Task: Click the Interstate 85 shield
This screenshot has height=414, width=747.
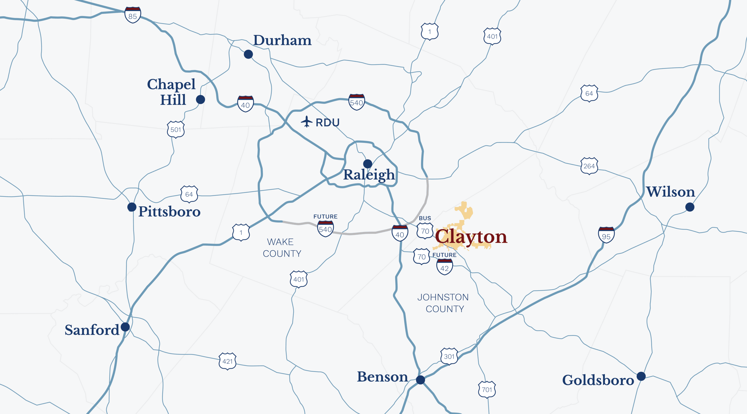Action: [133, 15]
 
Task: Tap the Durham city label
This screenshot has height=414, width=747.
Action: [282, 40]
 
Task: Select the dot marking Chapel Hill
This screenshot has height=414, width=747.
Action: [200, 100]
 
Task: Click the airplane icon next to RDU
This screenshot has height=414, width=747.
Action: [307, 122]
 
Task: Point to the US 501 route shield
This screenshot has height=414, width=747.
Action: [176, 129]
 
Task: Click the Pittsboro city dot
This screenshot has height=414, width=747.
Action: [132, 207]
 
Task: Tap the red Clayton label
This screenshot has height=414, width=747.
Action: [471, 237]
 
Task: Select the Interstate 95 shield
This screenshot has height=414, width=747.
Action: [606, 235]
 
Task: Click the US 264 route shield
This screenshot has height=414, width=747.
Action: [589, 166]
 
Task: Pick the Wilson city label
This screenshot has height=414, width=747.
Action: [671, 192]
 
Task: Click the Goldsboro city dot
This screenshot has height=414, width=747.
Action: [641, 376]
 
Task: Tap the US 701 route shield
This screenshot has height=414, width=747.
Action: [487, 389]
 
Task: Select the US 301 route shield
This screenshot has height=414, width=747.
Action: [449, 356]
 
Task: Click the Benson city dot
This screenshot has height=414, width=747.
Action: [420, 380]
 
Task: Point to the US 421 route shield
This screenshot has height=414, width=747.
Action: [227, 361]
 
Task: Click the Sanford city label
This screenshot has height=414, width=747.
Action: [92, 330]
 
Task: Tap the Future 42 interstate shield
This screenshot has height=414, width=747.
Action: [445, 267]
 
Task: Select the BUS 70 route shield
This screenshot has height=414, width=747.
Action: [425, 230]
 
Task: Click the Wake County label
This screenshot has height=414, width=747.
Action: [281, 248]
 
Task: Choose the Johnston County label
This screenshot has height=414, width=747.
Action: [444, 303]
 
